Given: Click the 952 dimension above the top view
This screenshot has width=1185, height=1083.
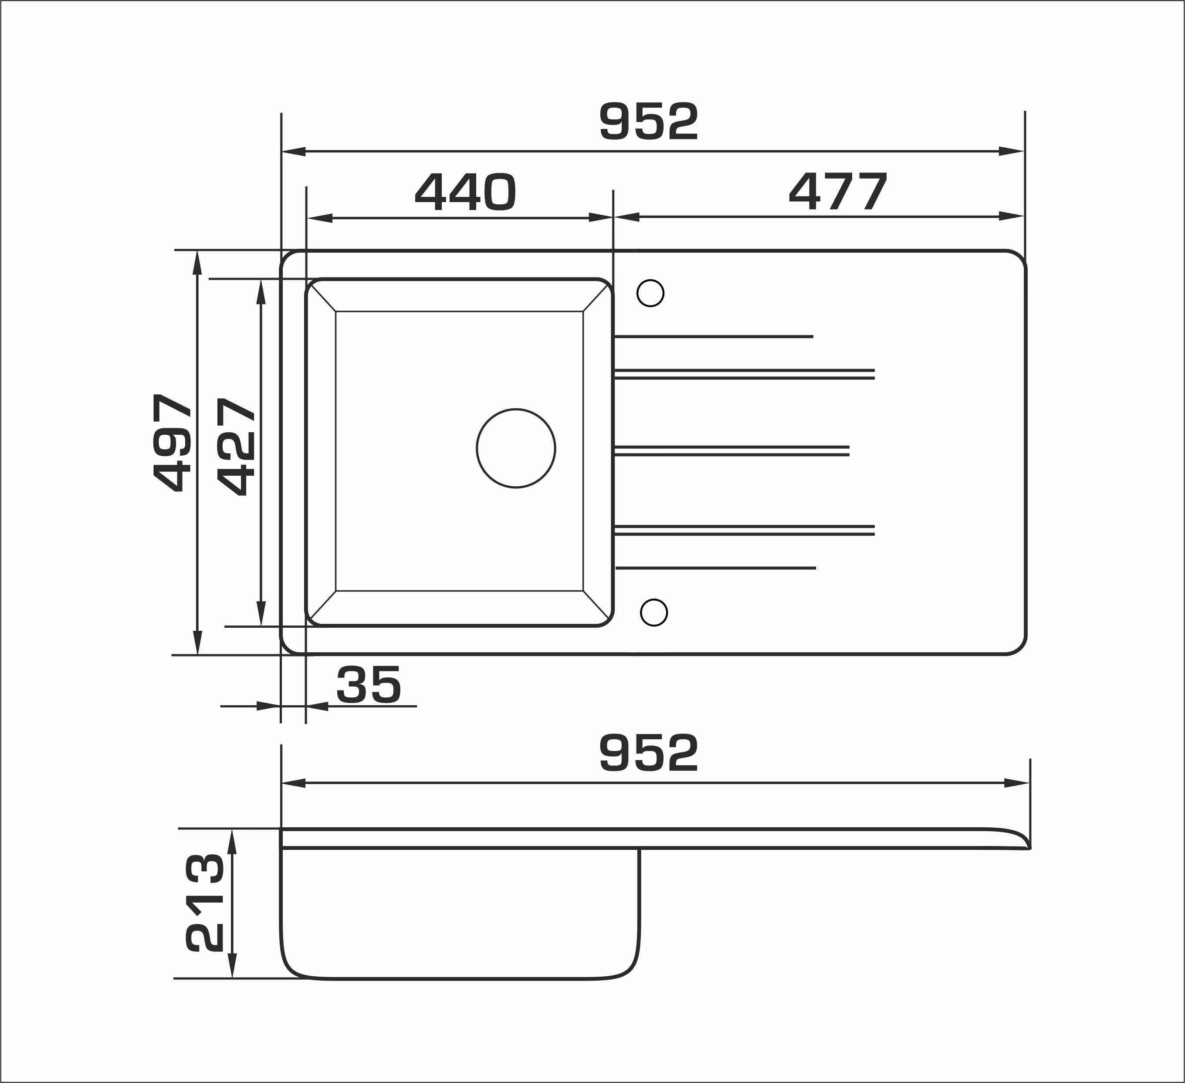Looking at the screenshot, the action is pos(649,122).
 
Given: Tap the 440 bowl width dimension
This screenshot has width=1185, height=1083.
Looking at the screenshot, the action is pos(466,192).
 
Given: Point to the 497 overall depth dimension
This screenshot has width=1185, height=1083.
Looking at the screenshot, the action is pos(172,443).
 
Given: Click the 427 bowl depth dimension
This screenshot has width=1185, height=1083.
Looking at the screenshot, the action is pos(236,447).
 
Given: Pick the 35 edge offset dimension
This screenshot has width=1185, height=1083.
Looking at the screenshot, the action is pos(369,684).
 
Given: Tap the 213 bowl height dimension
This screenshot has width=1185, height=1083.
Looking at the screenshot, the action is pos(205,903).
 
